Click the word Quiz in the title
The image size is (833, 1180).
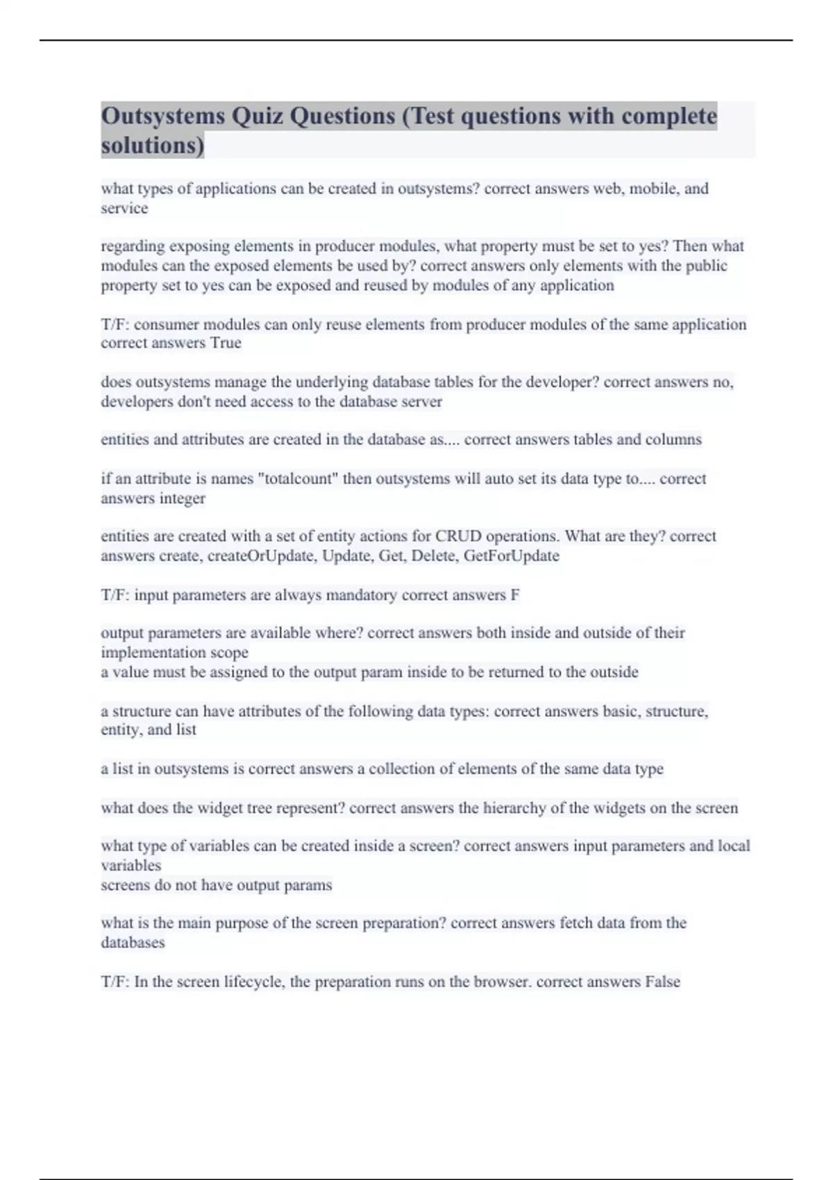coord(257,116)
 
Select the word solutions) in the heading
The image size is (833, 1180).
coord(153,146)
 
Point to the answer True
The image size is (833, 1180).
coord(226,343)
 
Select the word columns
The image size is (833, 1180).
coord(673,439)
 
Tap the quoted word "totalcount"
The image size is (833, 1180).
coord(298,479)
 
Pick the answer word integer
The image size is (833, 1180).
coord(183,498)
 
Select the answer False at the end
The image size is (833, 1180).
coord(662,982)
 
